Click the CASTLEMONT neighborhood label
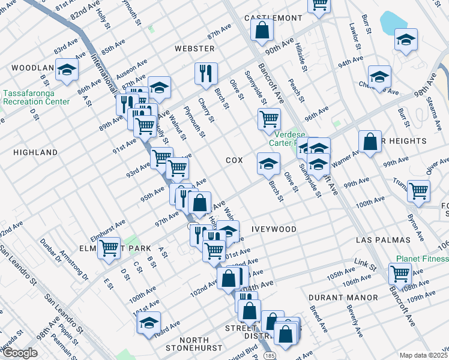click(x=273, y=18)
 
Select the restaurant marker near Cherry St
click(x=206, y=73)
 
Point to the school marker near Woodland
click(x=67, y=70)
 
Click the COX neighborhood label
click(x=234, y=161)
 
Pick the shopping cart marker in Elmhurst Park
click(x=109, y=247)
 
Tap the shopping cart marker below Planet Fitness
click(x=400, y=274)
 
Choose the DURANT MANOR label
click(x=343, y=298)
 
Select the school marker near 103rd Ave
click(x=148, y=323)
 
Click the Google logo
click(x=19, y=353)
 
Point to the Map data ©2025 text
click(x=424, y=355)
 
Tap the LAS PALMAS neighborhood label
click(x=383, y=240)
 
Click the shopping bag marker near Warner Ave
click(x=370, y=142)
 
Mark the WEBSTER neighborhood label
click(x=194, y=48)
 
